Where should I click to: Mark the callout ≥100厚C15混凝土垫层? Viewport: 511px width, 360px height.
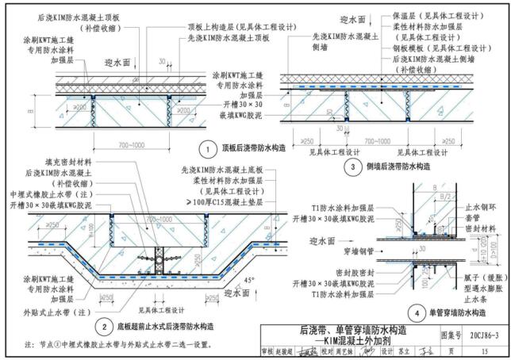(x=216, y=202)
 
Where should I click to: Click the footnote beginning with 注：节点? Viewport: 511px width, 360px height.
(x=119, y=343)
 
